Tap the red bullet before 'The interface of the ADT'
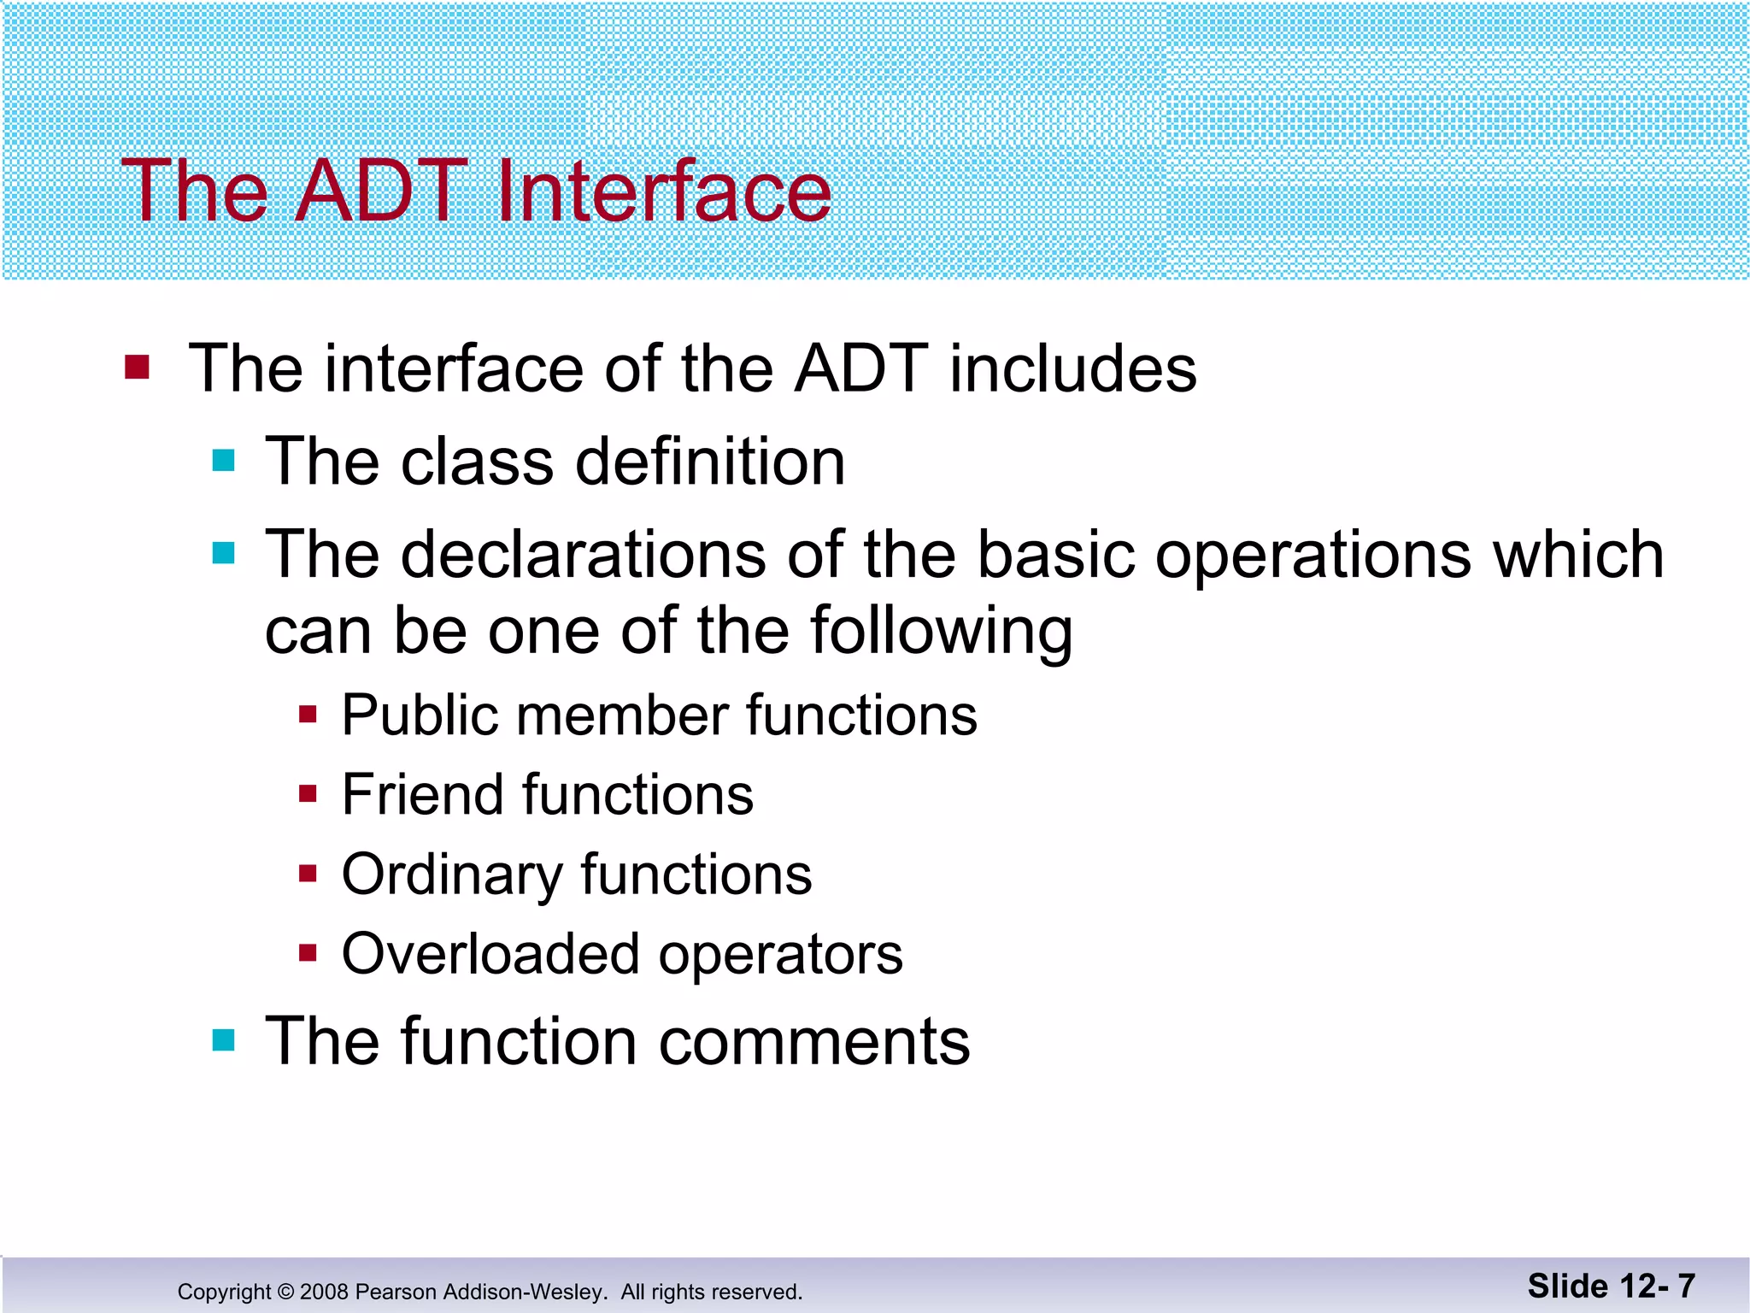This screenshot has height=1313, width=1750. point(137,368)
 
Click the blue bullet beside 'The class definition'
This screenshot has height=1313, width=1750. point(223,461)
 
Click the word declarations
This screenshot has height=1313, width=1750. point(583,555)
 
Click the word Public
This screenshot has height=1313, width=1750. point(420,715)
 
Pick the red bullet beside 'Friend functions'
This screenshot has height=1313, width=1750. point(308,794)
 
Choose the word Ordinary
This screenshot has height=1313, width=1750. point(452,875)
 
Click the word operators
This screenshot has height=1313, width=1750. point(780,956)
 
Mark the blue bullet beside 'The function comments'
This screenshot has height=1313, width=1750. point(223,1040)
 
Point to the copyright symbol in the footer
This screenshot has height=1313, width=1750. point(285,1292)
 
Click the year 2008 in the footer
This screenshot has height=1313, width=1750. point(324,1292)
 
